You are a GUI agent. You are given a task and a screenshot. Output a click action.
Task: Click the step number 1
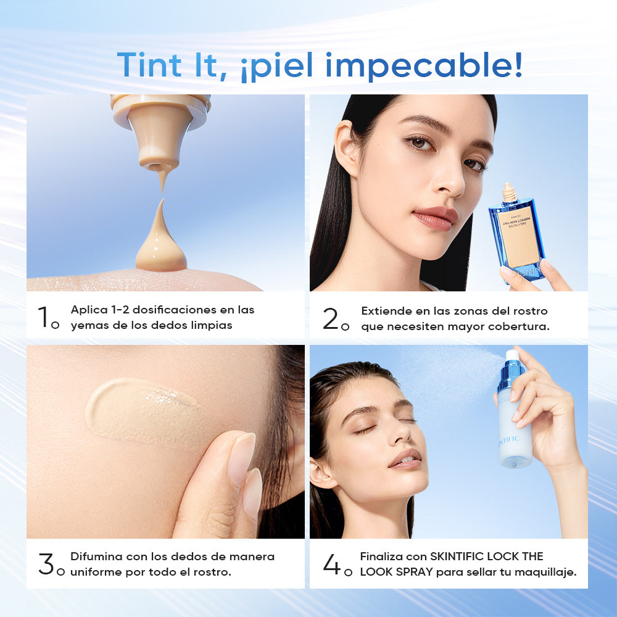point(44,317)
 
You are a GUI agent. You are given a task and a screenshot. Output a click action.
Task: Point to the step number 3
point(46,565)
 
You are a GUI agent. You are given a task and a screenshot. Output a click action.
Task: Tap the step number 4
point(331,565)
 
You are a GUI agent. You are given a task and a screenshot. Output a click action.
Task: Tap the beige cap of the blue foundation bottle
point(509,193)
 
